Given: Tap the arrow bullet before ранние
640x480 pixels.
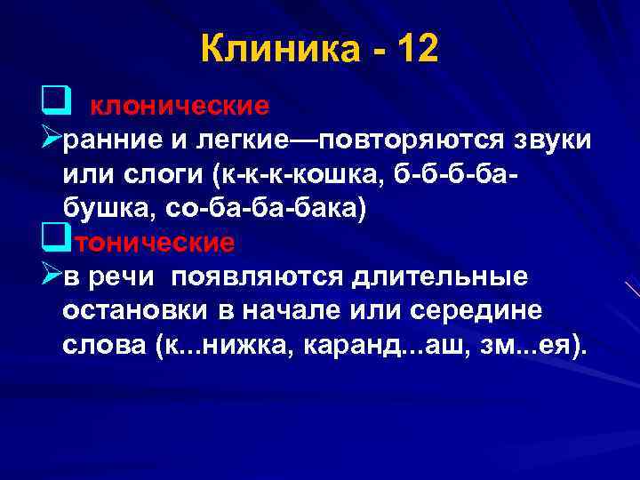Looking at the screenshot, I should (52, 139).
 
